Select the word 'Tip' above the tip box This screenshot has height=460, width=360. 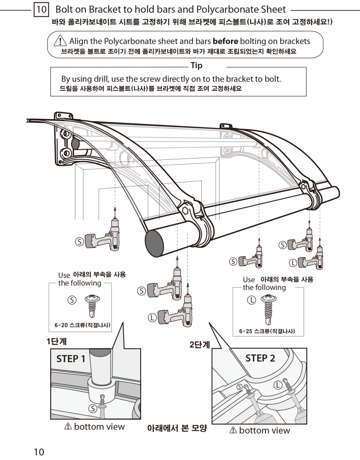tap(196, 65)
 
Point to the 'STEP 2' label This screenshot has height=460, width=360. tap(260, 358)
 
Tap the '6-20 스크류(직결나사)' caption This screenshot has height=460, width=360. tap(80, 325)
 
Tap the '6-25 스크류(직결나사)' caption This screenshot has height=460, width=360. tap(267, 331)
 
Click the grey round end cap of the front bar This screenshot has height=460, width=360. tap(155, 242)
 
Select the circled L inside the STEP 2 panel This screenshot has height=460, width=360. tap(277, 385)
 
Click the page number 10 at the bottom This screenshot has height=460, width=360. tap(39, 452)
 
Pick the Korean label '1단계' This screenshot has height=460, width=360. tap(57, 341)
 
